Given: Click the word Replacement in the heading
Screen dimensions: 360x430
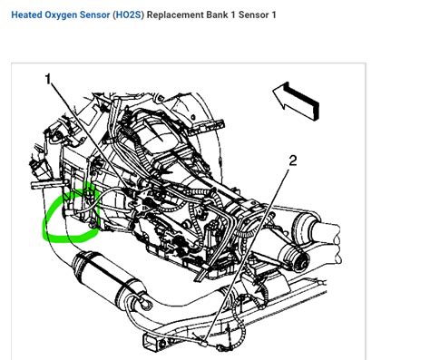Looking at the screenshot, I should point(195,15).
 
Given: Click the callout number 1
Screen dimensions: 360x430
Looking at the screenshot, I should point(47,80).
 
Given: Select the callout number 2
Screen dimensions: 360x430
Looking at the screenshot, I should point(292,161).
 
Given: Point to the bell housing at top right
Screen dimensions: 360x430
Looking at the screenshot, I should point(200,104).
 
